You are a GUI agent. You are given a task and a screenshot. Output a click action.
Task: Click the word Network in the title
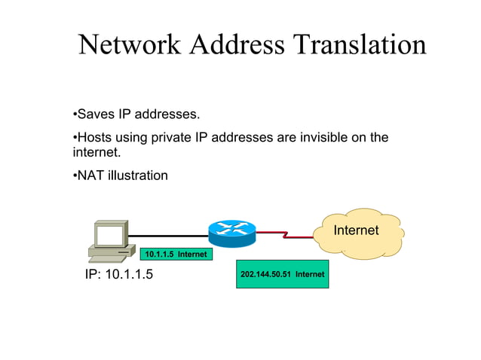pyautogui.click(x=129, y=45)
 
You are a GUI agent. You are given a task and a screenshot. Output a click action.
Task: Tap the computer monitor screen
pyautogui.click(x=108, y=236)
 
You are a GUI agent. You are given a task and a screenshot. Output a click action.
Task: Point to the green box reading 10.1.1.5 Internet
pyautogui.click(x=176, y=255)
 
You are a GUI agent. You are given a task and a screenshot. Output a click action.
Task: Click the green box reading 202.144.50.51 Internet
pyautogui.click(x=282, y=274)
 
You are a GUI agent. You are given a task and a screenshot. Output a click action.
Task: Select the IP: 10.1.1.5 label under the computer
pyautogui.click(x=118, y=274)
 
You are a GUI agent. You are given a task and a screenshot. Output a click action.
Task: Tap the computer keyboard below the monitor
pyautogui.click(x=103, y=257)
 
